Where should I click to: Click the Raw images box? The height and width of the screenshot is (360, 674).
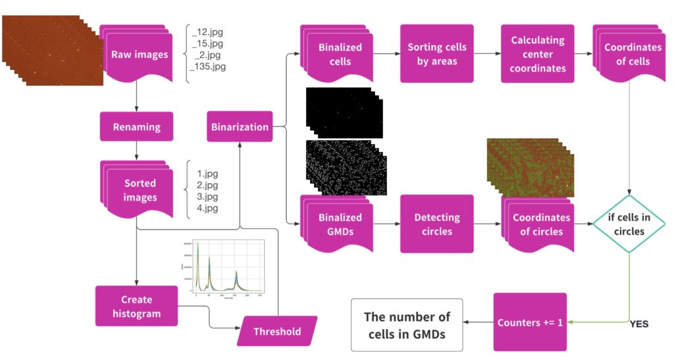coord(140,55)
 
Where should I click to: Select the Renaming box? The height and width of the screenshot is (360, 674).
coord(136,126)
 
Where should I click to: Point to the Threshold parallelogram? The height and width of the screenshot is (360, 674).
coord(276,332)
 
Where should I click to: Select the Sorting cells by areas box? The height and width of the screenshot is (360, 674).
coord(437,54)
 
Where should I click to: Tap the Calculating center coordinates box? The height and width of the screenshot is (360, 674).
coord(537,54)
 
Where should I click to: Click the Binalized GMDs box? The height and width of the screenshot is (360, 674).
coord(340,224)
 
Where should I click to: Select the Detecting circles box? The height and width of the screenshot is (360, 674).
coord(437,224)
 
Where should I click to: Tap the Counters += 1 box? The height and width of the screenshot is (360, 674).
coord(530,322)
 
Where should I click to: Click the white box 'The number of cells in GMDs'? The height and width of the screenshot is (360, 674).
coord(406,324)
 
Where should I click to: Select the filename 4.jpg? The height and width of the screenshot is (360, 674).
coord(207,209)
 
